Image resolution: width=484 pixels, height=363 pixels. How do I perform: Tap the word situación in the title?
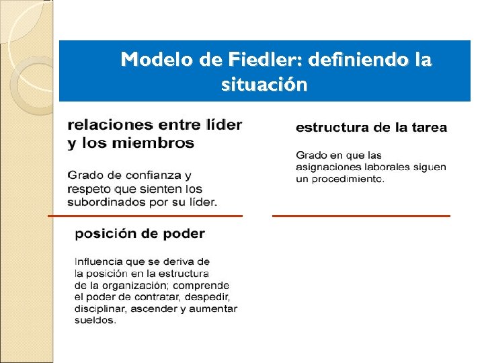(264, 85)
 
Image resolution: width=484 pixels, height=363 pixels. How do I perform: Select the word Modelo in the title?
(157, 61)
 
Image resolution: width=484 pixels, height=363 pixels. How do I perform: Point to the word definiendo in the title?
(358, 61)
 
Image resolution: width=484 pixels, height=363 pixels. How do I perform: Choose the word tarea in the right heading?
(426, 127)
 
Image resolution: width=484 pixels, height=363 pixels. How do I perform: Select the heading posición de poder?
(140, 234)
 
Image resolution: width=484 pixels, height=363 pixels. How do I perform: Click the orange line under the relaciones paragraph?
(145, 216)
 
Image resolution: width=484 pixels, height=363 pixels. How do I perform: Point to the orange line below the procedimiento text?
(361, 216)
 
